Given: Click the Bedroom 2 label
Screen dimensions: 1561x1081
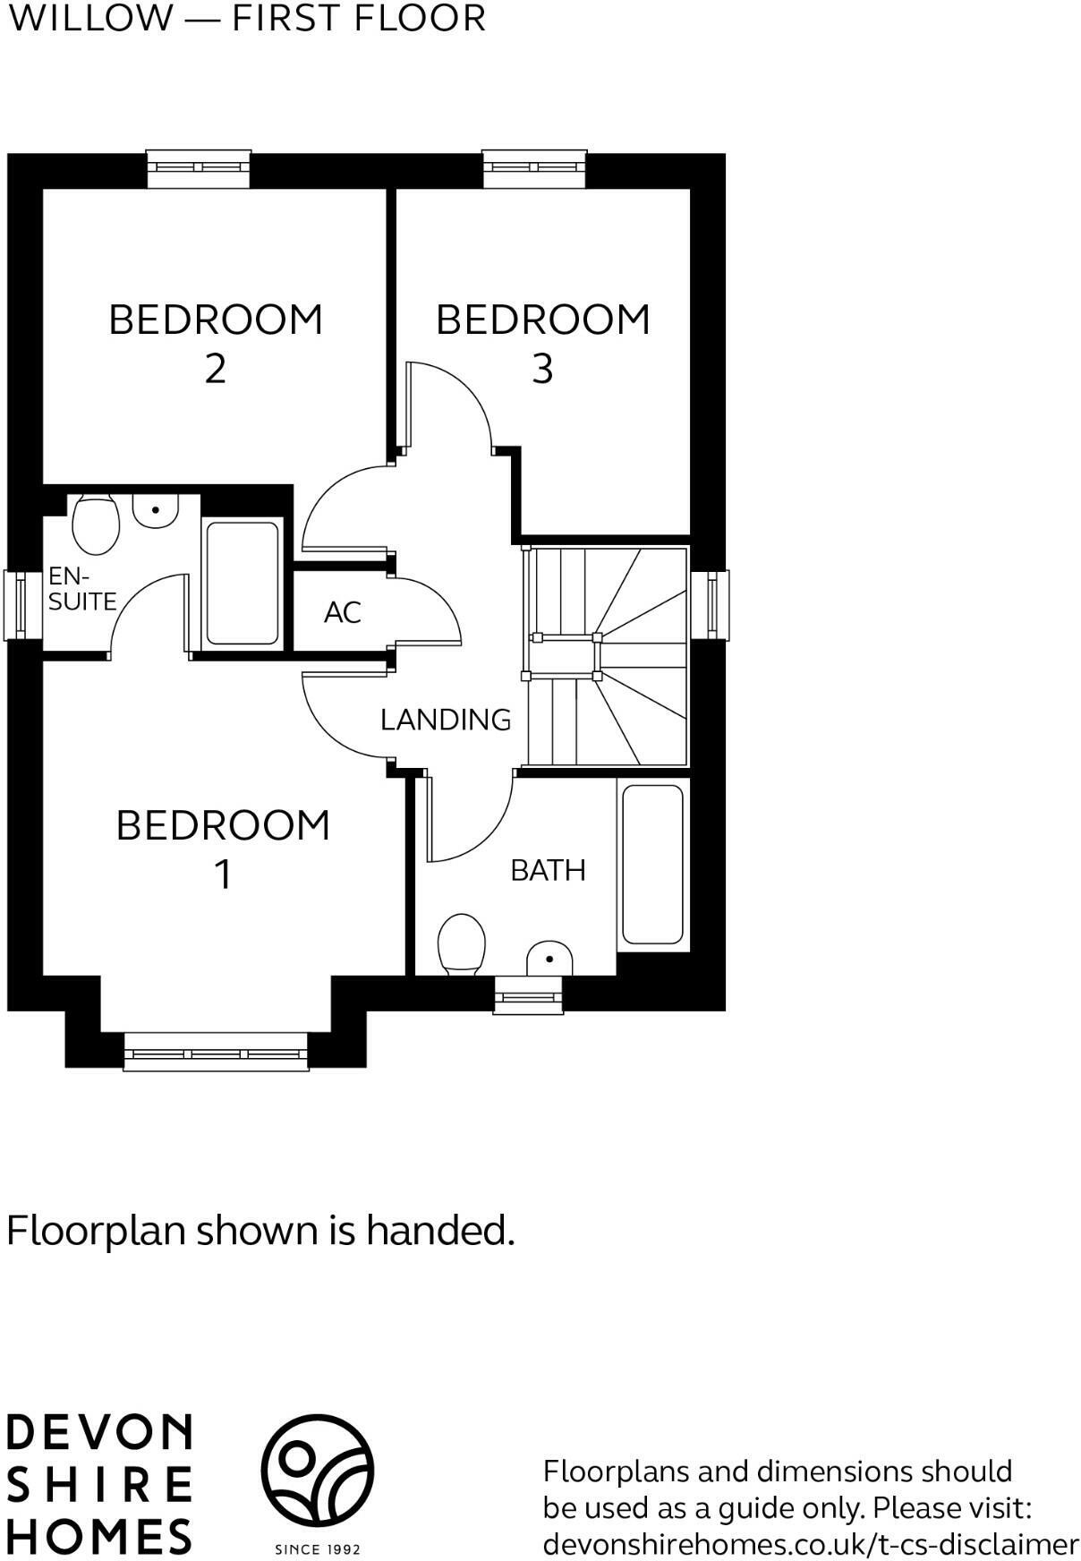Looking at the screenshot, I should click(216, 343).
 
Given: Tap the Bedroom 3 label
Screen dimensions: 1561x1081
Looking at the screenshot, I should click(542, 343).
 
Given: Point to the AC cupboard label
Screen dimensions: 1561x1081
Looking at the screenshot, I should click(343, 613).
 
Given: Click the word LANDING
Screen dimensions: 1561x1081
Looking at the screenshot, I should click(446, 720).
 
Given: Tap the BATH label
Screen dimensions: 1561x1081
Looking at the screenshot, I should click(548, 870).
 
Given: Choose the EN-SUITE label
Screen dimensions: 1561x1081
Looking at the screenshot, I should click(81, 589).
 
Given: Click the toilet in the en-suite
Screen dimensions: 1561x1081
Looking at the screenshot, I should click(96, 525).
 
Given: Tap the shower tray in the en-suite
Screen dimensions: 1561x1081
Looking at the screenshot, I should click(243, 584).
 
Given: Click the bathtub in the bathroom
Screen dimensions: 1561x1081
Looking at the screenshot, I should click(652, 865).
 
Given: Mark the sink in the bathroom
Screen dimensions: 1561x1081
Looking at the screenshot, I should click(549, 960).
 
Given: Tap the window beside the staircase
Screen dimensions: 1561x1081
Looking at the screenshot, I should click(711, 604).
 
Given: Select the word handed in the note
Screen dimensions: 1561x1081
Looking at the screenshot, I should click(439, 1231).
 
